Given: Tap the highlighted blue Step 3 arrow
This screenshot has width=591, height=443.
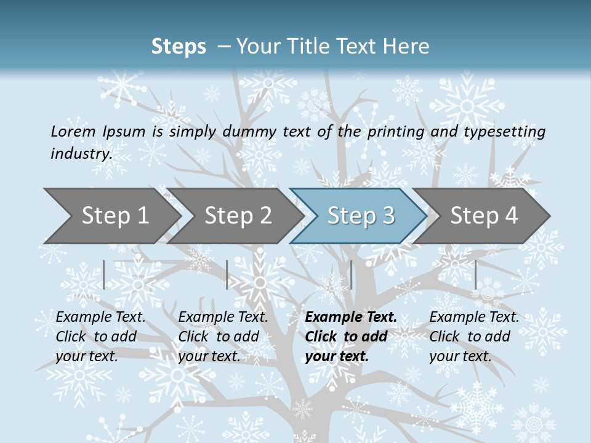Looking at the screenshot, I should (361, 216).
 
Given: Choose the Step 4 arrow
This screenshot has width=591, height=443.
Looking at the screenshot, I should (484, 216).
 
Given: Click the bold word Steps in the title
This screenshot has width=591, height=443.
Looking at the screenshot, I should (179, 47).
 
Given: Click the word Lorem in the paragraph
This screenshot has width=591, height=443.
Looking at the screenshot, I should (73, 131).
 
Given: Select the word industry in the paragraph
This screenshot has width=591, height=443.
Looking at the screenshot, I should (81, 153).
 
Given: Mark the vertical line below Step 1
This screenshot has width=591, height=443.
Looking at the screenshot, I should (104, 274).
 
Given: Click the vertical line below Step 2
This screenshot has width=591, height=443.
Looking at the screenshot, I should (227, 274).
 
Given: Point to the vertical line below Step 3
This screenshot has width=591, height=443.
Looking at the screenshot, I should (351, 274).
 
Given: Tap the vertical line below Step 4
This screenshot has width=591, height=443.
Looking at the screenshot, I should (475, 274).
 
